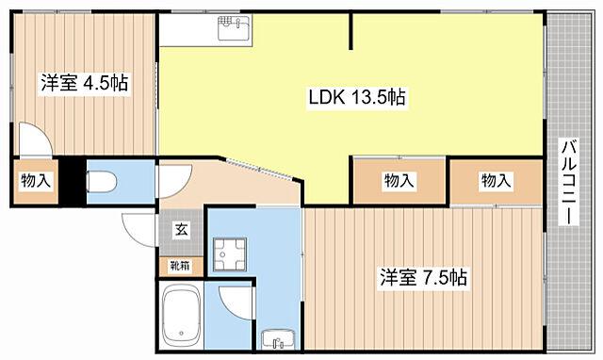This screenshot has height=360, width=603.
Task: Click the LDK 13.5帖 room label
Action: tap(357, 97)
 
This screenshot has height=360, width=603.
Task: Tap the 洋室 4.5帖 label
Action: tap(84, 83)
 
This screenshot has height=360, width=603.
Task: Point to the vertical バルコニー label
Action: tap(568, 183)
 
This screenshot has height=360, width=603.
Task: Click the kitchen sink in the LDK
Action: tap(232, 30)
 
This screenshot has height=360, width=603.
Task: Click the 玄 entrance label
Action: tap(180, 228)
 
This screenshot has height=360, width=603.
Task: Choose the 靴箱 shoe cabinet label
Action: tap(179, 267)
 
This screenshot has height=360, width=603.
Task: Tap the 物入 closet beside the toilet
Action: tap(35, 182)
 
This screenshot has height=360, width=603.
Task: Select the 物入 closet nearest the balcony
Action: tap(497, 180)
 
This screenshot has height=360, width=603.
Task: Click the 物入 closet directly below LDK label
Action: tap(399, 180)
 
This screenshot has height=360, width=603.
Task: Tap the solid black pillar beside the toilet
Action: tap(68, 181)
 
